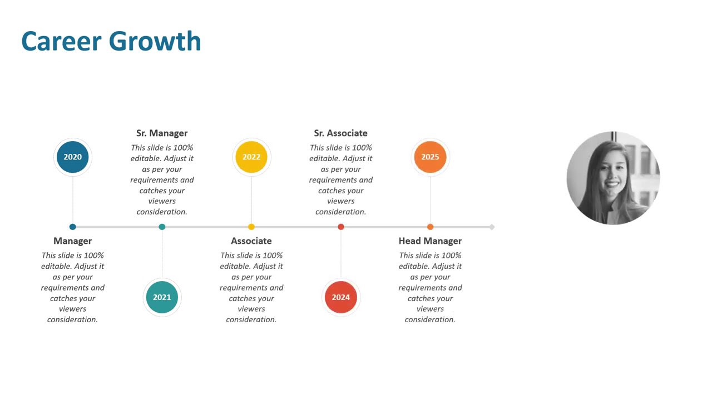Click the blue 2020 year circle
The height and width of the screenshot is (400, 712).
coord(73,157)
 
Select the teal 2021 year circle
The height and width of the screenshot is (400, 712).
coord(162,297)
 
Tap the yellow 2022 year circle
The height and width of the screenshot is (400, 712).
coord(251,157)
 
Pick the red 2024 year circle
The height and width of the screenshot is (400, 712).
coord(341,297)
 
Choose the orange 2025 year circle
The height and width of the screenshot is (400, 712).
coord(430,157)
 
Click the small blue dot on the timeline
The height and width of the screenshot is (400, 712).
coord(73,227)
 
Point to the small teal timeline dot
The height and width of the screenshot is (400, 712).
coord(162,227)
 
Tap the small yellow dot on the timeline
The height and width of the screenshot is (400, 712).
coord(251,227)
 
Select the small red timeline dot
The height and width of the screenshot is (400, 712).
coord(341,227)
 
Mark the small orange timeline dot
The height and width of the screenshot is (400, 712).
coord(430,227)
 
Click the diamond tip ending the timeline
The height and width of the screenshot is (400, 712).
coord(492,227)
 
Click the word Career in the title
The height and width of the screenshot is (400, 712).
coord(61,42)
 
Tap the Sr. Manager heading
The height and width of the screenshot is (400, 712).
coord(162,133)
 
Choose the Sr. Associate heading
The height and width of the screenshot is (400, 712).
coord(341,133)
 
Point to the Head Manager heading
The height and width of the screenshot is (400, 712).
coord(430,241)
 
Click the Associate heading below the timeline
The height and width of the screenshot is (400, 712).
coord(251,241)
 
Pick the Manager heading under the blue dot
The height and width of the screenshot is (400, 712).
coord(73,241)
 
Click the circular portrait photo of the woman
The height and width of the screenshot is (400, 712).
coord(613,178)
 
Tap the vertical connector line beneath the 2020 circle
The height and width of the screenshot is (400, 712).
coord(73,200)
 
